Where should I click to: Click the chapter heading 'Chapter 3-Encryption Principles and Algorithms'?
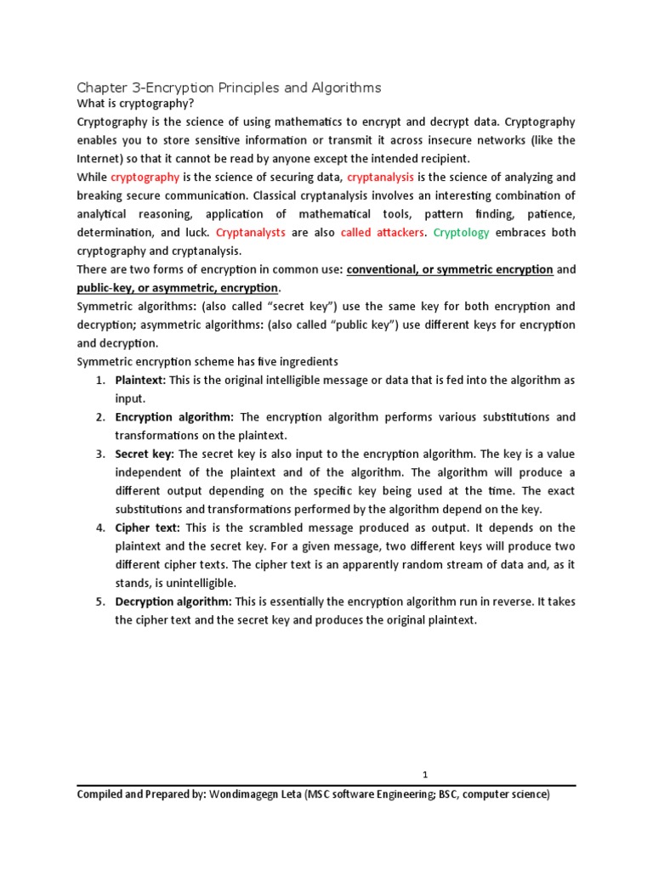click(229, 88)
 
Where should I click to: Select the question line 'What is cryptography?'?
click(133, 104)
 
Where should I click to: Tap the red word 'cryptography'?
click(145, 177)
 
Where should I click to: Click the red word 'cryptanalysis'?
click(381, 177)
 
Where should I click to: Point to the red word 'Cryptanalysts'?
click(251, 232)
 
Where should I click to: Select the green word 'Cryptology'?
click(462, 232)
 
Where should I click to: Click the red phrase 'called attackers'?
click(382, 232)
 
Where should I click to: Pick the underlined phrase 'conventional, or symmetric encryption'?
click(450, 269)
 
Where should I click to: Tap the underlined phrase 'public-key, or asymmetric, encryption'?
click(178, 288)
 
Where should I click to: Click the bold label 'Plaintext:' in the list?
click(140, 380)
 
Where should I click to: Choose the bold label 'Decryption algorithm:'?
click(173, 602)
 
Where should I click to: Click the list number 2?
click(99, 417)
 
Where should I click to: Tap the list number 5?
click(99, 602)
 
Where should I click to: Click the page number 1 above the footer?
click(425, 775)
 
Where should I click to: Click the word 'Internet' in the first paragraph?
click(101, 159)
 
